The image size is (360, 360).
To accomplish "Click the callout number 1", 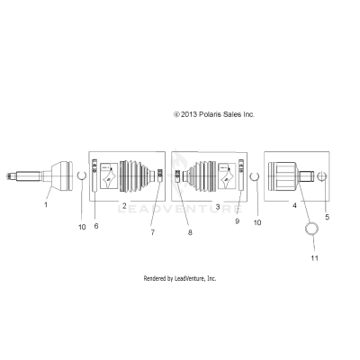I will pos(46,205).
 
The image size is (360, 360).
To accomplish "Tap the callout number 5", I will pos(328,216).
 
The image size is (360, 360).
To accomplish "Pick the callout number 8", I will pos(191,233).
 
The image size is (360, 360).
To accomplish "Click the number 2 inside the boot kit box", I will pos(123,205).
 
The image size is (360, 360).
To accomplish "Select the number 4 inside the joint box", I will pos(268,205).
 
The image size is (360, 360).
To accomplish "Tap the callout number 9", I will pos(237,220).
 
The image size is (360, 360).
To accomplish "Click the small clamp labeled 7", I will pos(159,175).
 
